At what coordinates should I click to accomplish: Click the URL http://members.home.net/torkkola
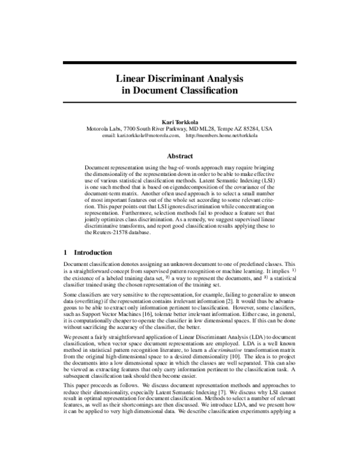pyautogui.click(x=222, y=136)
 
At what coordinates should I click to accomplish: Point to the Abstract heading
pyautogui.click(x=179, y=156)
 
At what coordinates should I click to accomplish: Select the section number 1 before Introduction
pyautogui.click(x=65, y=253)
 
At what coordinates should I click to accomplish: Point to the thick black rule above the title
pyautogui.click(x=179, y=62)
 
